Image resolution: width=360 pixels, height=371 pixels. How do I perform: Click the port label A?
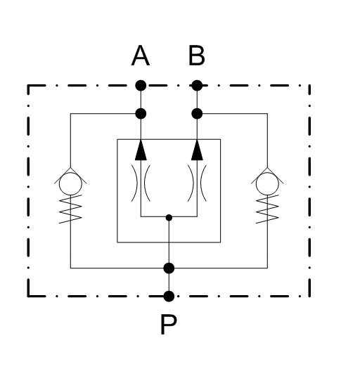point(141,56)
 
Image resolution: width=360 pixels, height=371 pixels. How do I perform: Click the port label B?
point(197,56)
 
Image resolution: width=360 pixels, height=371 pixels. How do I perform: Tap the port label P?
point(168,324)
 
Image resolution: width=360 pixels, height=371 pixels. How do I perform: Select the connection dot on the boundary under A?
point(141,86)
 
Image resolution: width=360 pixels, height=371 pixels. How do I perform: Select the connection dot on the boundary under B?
point(197,86)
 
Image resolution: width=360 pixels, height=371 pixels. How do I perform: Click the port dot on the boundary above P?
point(169,297)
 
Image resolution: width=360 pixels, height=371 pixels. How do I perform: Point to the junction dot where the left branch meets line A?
point(141,114)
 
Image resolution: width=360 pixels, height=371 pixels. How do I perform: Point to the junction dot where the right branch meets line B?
point(197,114)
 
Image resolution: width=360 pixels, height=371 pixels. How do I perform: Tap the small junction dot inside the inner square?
point(169,217)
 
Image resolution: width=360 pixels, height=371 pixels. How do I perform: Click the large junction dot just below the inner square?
point(169,268)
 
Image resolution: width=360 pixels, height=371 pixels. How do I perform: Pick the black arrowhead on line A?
point(141,150)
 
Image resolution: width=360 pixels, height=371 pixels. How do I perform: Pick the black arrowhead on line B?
point(197,150)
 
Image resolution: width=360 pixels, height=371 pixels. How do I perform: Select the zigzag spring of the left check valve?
point(70,209)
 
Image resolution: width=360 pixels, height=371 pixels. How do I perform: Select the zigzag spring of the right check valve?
point(267,209)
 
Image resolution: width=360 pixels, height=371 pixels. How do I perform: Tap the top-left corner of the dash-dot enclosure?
point(28,86)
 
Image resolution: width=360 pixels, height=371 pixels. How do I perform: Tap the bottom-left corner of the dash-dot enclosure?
point(28,296)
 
